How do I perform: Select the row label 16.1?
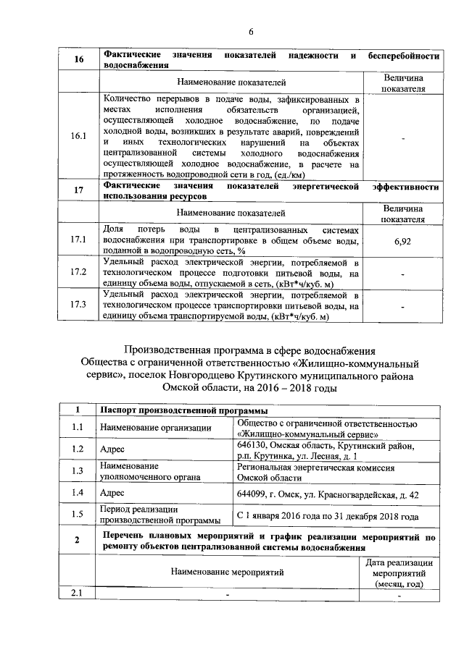tap(78, 136)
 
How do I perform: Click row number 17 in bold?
tap(78, 192)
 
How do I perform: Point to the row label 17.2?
tap(78, 272)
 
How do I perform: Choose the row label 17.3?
tap(78, 305)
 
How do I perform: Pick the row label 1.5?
tap(78, 515)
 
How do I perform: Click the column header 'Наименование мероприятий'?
tap(228, 572)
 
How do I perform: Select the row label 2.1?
tap(78, 594)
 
